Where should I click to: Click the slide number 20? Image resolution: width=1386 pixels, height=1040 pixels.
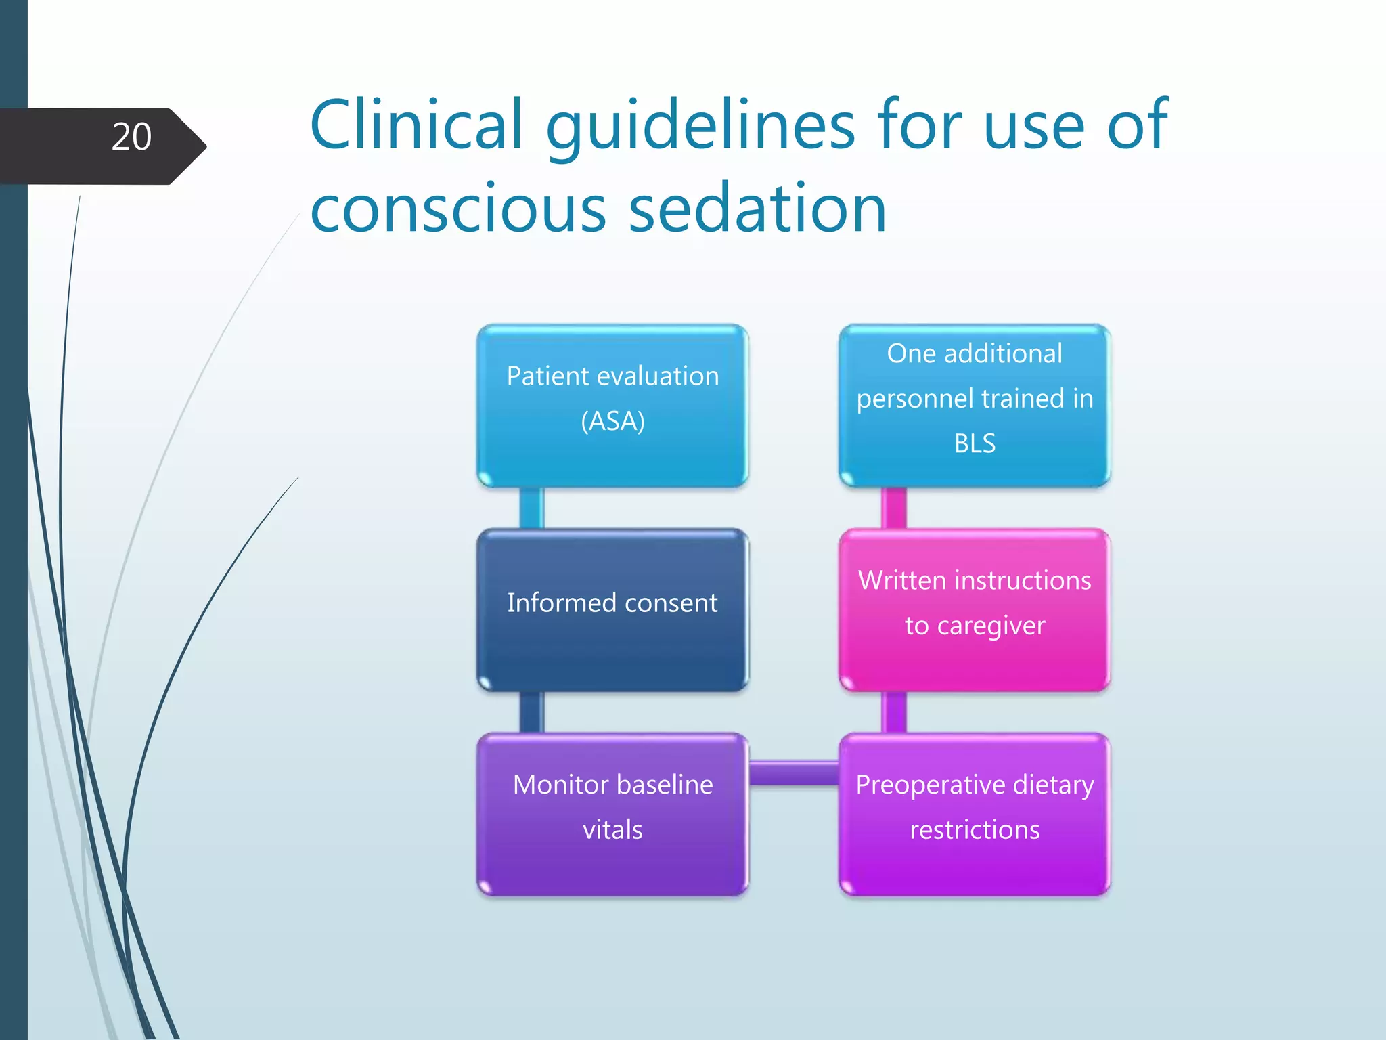(x=131, y=137)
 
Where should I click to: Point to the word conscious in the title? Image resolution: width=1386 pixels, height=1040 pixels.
(x=457, y=210)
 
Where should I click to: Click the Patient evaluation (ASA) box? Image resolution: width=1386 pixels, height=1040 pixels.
(x=612, y=405)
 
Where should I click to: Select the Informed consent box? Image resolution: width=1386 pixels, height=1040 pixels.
(x=612, y=609)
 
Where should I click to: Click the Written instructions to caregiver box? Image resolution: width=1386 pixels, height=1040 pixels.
(x=975, y=609)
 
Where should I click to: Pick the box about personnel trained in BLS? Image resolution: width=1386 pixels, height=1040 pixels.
(x=975, y=405)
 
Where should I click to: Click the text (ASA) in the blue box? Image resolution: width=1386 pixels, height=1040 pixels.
(x=612, y=421)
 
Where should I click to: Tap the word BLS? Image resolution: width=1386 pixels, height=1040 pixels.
(x=975, y=443)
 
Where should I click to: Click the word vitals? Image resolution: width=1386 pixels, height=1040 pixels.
(x=612, y=830)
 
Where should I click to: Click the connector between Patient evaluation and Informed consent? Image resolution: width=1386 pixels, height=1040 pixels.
(x=531, y=508)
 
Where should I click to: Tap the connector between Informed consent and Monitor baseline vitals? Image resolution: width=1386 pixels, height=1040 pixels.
(x=531, y=712)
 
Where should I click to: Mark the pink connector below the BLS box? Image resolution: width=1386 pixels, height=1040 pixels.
(x=893, y=508)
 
